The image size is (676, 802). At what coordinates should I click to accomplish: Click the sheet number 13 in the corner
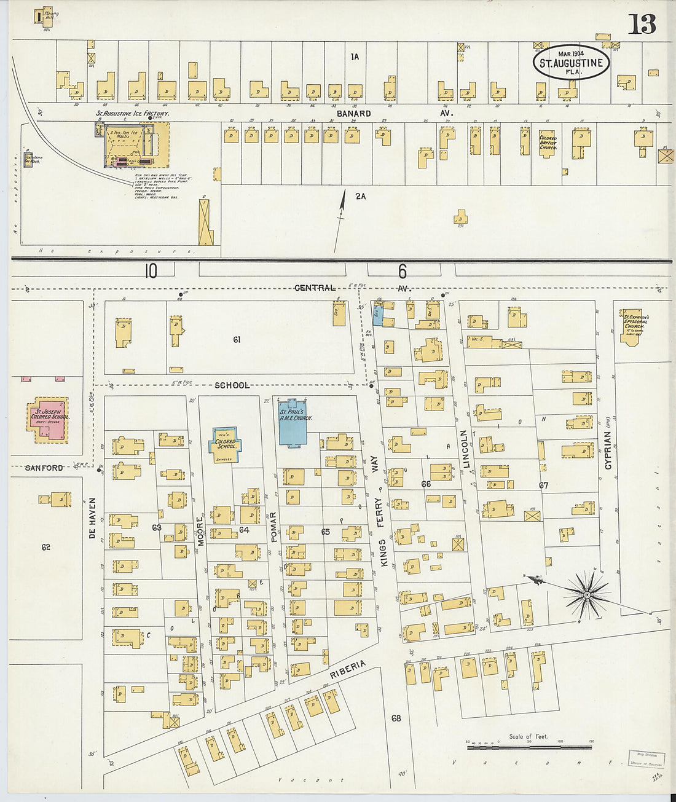[642, 24]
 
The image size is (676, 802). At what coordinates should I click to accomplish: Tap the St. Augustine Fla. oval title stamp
[572, 62]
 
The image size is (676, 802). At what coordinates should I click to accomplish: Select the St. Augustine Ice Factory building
[132, 145]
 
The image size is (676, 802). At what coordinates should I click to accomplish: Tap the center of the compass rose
[587, 594]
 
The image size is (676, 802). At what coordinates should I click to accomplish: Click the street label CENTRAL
[315, 288]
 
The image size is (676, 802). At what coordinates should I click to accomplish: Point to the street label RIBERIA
[347, 672]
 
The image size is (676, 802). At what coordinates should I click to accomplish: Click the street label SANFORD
[44, 468]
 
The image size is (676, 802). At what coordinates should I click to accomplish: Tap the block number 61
[236, 339]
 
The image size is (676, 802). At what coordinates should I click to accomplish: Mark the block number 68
[396, 718]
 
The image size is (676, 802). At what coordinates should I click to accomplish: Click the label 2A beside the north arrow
[360, 197]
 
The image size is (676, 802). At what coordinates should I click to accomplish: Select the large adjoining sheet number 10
[151, 271]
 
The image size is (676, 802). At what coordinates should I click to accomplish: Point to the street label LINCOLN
[465, 449]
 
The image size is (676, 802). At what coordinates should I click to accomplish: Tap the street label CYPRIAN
[608, 450]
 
